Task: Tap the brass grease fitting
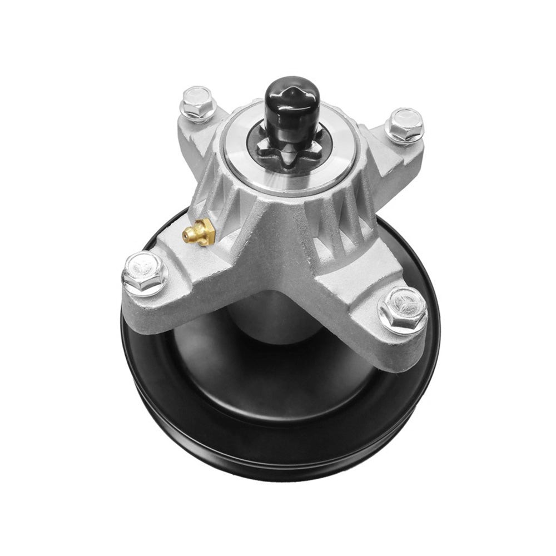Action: point(200,232)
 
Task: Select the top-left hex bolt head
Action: point(198,101)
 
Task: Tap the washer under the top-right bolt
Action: point(404,136)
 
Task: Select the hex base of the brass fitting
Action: point(207,230)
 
